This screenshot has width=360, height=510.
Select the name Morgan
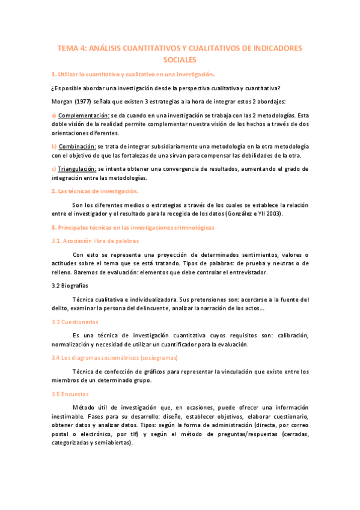63,101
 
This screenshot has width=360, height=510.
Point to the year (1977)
88,101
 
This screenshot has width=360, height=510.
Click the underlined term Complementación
84,115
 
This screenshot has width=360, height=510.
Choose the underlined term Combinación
78,146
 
